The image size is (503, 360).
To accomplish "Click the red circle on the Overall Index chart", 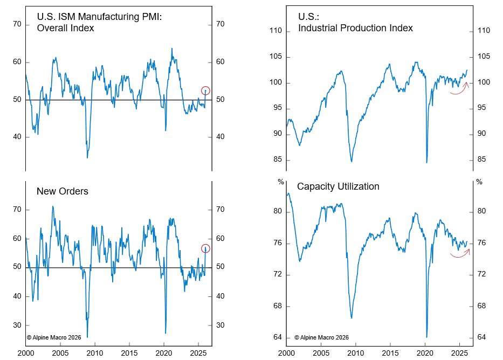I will coord(205,91).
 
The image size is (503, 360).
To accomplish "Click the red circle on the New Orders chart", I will coord(205,248).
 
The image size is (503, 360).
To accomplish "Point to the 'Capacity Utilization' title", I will coord(338,186).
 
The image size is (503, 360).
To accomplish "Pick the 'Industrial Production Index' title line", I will coord(355,28).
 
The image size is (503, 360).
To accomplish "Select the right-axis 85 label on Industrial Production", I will coord(481,160).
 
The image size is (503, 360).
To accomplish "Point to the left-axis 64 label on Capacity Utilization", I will coord(278,338).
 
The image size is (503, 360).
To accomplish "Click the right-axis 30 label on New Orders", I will coord(220,326).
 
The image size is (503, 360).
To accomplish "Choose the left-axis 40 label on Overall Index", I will coord(17,137).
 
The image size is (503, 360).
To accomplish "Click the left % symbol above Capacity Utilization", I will coord(280,182).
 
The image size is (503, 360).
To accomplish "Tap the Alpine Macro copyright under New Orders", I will coord(54,337).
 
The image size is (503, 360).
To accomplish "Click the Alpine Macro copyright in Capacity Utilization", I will coord(321,337).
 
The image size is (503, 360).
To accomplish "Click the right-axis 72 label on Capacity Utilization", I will coord(481,275).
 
